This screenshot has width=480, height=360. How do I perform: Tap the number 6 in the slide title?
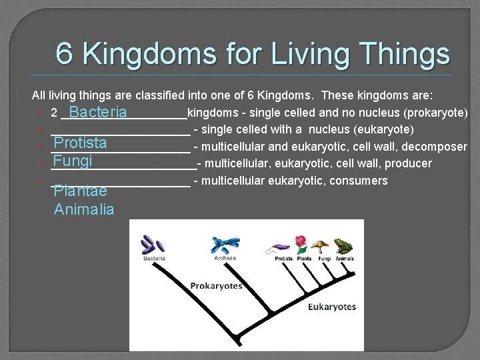tap(64, 54)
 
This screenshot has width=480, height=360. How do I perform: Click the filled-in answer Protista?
tap(80, 143)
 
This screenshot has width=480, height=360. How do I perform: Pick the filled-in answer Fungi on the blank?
tap(73, 161)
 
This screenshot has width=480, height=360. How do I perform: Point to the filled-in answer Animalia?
tap(84, 209)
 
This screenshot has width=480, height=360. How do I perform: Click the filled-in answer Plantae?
tap(80, 191)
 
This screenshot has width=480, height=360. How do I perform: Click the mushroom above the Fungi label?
tap(323, 246)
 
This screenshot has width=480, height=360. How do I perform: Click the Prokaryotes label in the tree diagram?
tap(216, 286)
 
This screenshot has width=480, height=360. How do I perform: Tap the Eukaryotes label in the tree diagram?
tap(331, 307)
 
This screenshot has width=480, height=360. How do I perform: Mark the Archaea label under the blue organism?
tap(225, 258)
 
